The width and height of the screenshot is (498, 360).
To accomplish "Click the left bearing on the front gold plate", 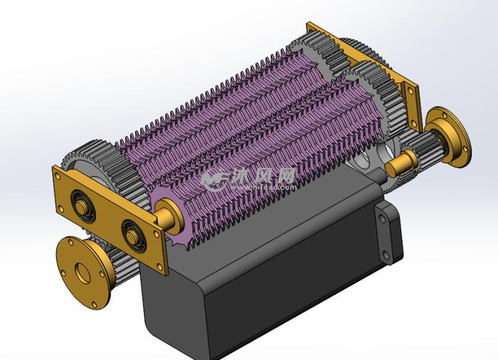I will [x=85, y=210].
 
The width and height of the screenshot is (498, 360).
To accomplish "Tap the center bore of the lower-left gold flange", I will [x=81, y=273].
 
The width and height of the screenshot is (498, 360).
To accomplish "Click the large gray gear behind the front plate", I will [x=94, y=162].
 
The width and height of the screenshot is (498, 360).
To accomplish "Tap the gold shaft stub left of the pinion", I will [x=396, y=166].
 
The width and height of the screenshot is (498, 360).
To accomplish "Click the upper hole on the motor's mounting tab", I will [x=380, y=214].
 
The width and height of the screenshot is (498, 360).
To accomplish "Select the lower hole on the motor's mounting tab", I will [x=394, y=248].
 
